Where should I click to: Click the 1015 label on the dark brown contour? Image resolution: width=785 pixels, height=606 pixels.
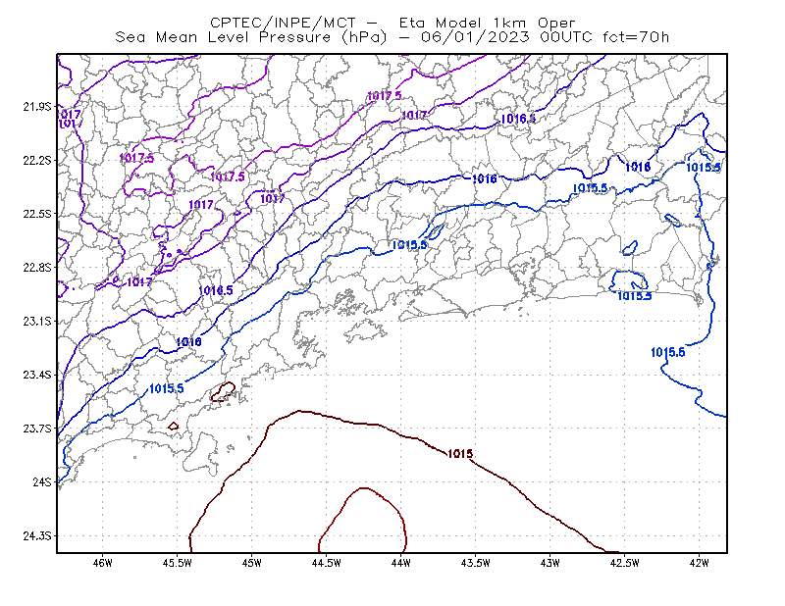(460, 454)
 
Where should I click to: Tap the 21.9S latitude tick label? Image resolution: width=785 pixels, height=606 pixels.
(37, 107)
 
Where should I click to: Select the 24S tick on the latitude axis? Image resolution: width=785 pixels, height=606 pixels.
(42, 481)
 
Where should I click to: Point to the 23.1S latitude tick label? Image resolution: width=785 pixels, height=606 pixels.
(37, 322)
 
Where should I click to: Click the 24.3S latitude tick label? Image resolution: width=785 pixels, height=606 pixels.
(37, 536)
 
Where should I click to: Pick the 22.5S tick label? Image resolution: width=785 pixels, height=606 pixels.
(37, 214)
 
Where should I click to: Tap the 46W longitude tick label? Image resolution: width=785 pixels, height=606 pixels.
(103, 563)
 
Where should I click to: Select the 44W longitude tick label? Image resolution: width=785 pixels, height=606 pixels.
(401, 563)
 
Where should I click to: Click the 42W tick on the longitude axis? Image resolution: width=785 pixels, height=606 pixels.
(700, 563)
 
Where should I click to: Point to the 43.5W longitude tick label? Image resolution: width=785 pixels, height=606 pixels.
(476, 563)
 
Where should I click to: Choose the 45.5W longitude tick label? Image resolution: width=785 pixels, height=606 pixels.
(178, 563)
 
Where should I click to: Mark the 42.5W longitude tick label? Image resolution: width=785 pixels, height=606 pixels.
(625, 563)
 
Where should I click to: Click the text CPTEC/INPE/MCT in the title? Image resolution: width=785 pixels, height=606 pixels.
(283, 23)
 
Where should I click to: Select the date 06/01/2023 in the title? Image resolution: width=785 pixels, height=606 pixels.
(475, 37)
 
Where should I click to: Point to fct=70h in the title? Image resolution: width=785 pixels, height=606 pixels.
(636, 37)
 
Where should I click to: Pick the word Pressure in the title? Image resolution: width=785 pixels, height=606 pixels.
(295, 37)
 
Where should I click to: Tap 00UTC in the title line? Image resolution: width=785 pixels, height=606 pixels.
(566, 37)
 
